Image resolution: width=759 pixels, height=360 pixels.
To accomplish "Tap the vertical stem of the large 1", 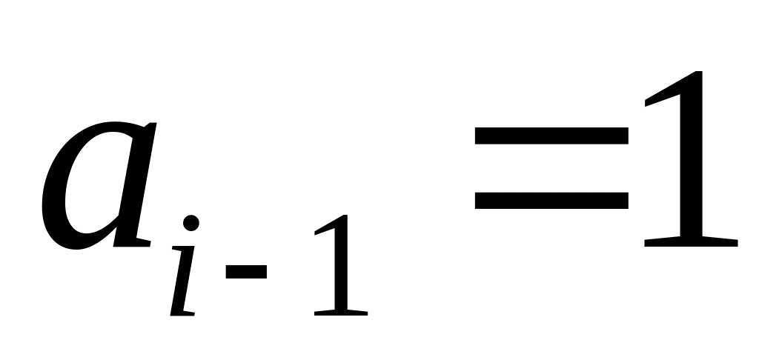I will coord(690,163).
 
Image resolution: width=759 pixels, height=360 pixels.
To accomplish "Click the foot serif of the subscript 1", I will coord(339,312).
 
